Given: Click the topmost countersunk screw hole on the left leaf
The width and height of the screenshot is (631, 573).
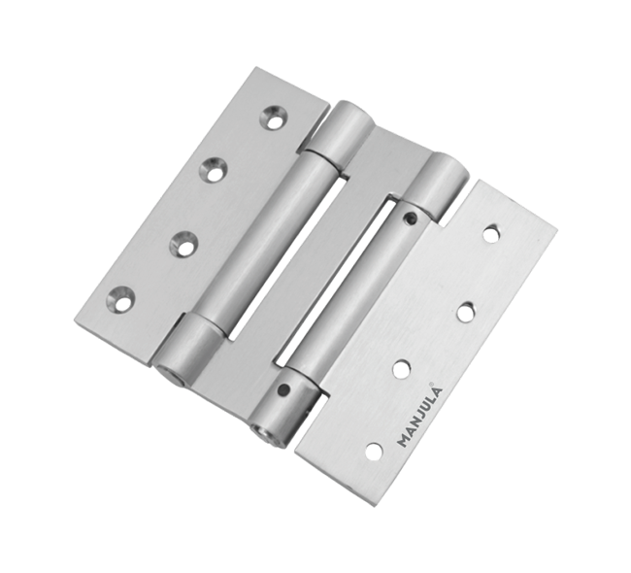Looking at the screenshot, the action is [274, 118].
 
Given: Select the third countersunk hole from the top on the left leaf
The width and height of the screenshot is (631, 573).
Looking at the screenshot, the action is [183, 243].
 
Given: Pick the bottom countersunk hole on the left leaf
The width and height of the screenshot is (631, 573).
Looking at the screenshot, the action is [120, 299].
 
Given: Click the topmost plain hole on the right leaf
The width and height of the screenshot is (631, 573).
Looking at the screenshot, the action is [491, 234].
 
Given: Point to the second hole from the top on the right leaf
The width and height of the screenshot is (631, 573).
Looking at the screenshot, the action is [466, 312].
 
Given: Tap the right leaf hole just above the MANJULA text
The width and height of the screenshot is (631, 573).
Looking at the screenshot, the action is [401, 369].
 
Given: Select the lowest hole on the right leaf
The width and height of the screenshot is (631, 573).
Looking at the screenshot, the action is [375, 451].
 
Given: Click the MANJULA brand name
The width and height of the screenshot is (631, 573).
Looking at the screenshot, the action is [419, 418].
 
